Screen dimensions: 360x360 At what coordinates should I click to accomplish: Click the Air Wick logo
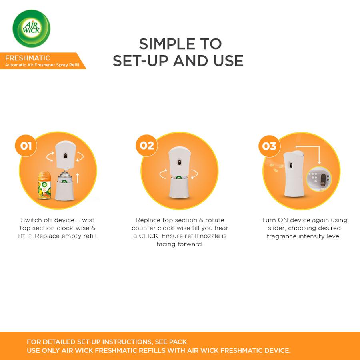tap(32, 28)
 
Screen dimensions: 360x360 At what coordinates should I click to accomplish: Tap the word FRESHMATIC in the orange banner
tap(28, 58)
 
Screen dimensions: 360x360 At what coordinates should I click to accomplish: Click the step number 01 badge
tap(26, 146)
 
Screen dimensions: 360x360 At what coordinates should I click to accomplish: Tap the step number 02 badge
tap(147, 145)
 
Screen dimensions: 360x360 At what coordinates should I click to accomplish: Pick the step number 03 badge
tap(269, 146)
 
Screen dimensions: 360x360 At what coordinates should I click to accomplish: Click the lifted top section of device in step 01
tap(64, 154)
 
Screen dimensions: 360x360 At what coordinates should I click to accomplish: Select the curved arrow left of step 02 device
tap(163, 174)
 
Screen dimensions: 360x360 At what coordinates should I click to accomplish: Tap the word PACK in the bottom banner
tap(178, 342)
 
